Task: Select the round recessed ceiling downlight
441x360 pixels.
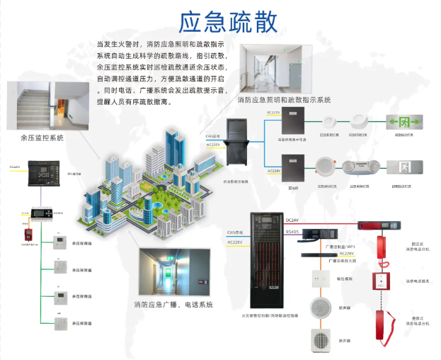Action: pyautogui.click(x=326, y=167)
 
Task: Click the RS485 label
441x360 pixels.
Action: pyautogui.click(x=292, y=230)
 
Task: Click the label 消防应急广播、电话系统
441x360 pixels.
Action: pyautogui.click(x=173, y=305)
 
